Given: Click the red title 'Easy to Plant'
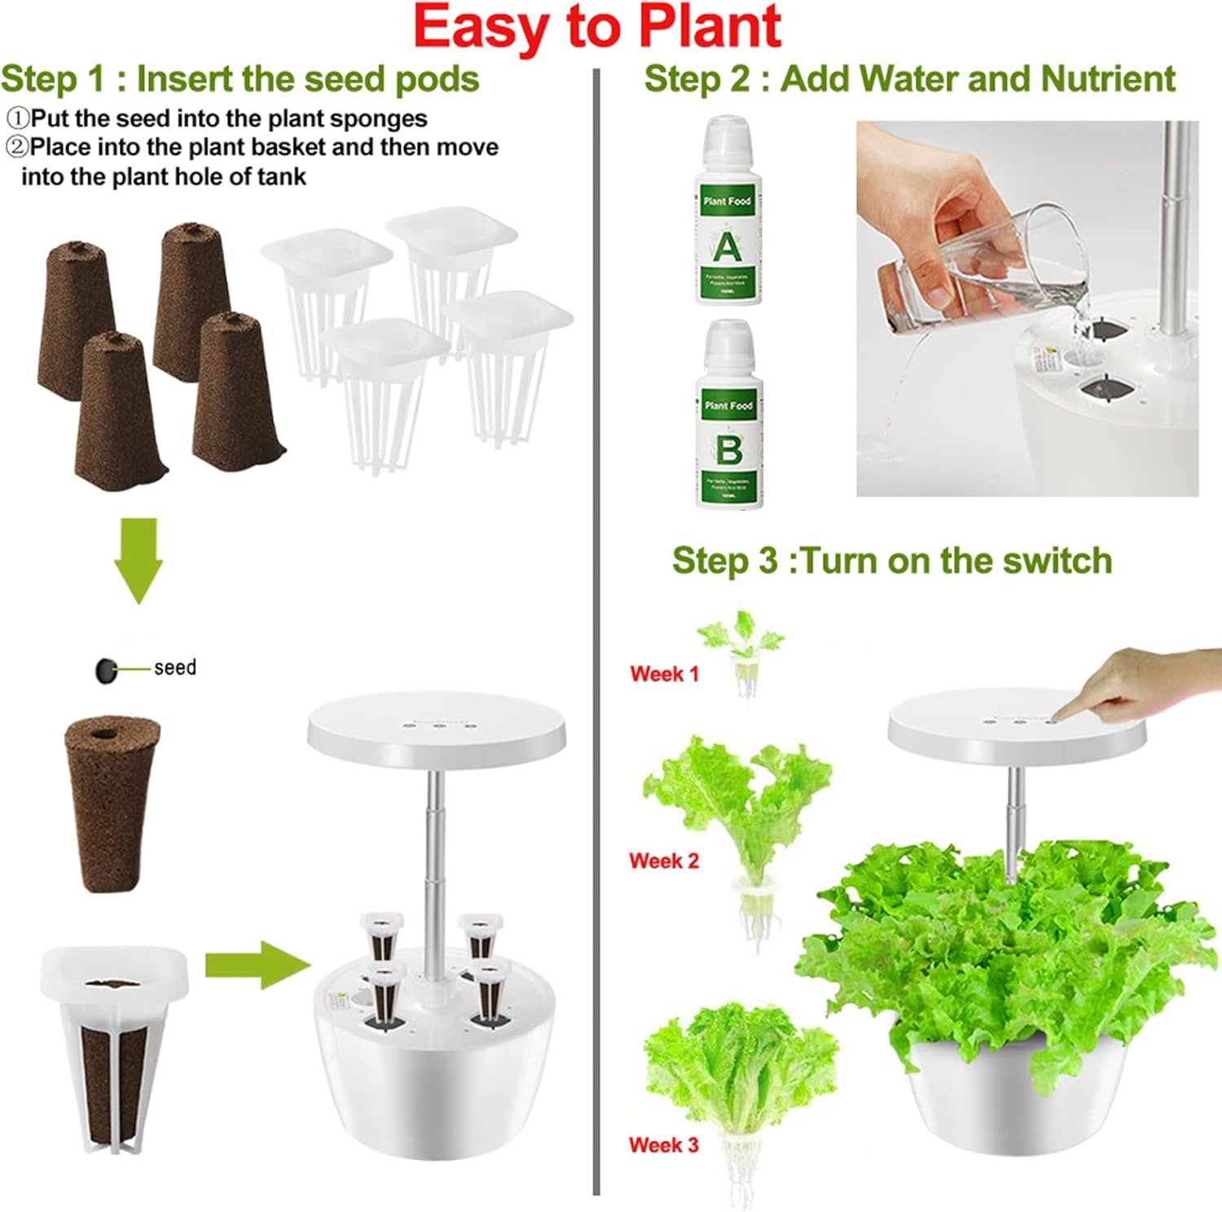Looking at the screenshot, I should click(596, 28).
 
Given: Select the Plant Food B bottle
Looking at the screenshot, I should click(729, 416).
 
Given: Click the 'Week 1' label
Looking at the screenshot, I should click(664, 674).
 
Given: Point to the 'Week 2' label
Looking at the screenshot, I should click(664, 861).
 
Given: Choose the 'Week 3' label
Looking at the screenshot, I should click(663, 1144).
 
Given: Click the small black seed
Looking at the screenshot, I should click(106, 670).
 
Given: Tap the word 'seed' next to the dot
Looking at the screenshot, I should click(175, 668).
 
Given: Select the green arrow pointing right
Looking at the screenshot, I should click(257, 965).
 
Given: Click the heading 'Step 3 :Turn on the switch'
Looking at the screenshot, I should click(891, 561).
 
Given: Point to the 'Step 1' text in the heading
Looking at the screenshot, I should click(53, 79).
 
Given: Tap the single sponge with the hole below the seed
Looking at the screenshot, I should click(112, 803).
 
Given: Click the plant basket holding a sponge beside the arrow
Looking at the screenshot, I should click(114, 1047).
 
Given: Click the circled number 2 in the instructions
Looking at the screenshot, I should click(16, 147).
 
